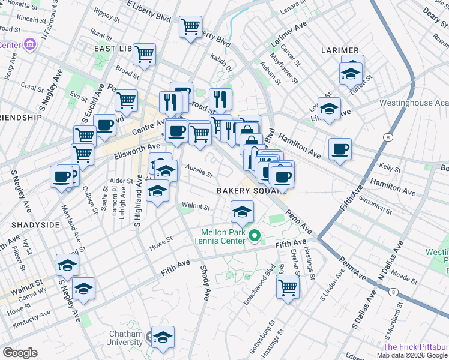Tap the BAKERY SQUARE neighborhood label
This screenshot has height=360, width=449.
pos(245,190)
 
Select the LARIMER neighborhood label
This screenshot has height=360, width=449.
pos(339,50)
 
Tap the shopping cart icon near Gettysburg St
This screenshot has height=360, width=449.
pos(288,287)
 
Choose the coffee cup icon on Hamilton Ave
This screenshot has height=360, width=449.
pos(340,149)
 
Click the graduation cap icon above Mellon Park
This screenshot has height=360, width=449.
pos(242,211)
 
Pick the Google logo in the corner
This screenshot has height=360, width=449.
pos(20,353)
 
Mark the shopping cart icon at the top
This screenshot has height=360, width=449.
pos(191,26)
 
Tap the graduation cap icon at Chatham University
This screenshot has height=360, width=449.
pos(163,338)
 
